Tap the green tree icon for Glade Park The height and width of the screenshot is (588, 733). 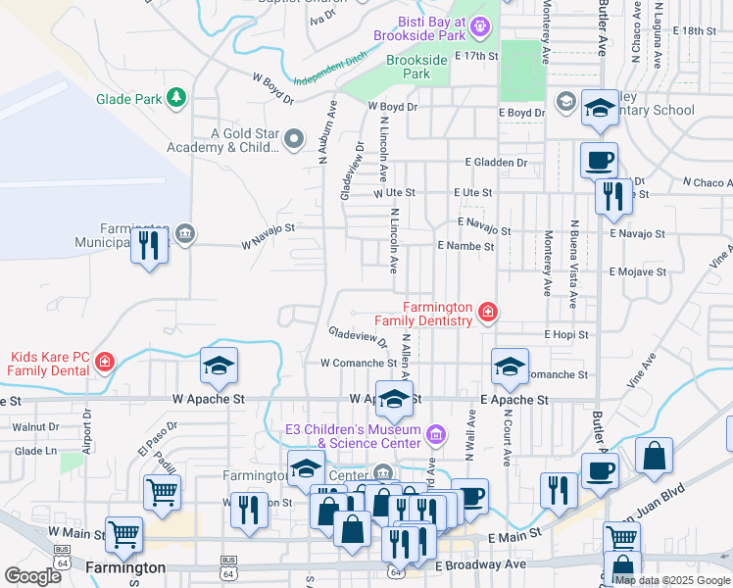176,97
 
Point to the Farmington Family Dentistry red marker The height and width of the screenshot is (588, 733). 487,314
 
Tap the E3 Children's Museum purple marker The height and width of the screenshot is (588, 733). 438,432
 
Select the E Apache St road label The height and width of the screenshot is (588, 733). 513,400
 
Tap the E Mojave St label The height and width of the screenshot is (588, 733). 637,271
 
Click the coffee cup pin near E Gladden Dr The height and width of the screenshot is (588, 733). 598,159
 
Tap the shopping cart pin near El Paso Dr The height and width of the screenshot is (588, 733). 162,493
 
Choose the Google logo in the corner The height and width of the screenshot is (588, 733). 32,576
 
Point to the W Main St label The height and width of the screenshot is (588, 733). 76,532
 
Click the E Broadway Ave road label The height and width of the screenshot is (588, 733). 480,565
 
